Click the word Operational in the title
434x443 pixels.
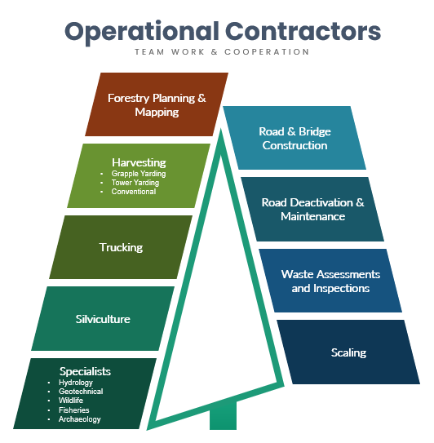pyautogui.click(x=142, y=32)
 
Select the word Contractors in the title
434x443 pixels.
pyautogui.click(x=303, y=31)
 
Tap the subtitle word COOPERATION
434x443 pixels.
pyautogui.click(x=267, y=52)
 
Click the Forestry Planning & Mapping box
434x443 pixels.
pyautogui.click(x=157, y=104)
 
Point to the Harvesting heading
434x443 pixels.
pyautogui.click(x=139, y=162)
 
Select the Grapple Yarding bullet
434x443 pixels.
pyautogui.click(x=139, y=174)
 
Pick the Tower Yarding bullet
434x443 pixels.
pyautogui.click(x=135, y=183)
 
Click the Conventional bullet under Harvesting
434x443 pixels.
pyautogui.click(x=134, y=192)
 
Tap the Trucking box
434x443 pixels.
pyautogui.click(x=121, y=247)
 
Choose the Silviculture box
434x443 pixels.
pyautogui.click(x=103, y=319)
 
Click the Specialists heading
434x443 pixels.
pyautogui.click(x=85, y=371)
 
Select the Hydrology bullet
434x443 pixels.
pyautogui.click(x=76, y=383)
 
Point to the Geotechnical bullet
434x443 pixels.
pyautogui.click(x=81, y=392)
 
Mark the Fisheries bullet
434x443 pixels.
pyautogui.click(x=74, y=410)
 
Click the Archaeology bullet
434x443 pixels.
pyautogui.click(x=80, y=419)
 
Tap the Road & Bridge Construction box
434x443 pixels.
pyautogui.click(x=294, y=138)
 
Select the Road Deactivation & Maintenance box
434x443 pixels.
pyautogui.click(x=312, y=209)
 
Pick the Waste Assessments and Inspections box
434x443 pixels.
pyautogui.click(x=330, y=281)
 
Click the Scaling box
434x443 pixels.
pyautogui.click(x=348, y=352)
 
